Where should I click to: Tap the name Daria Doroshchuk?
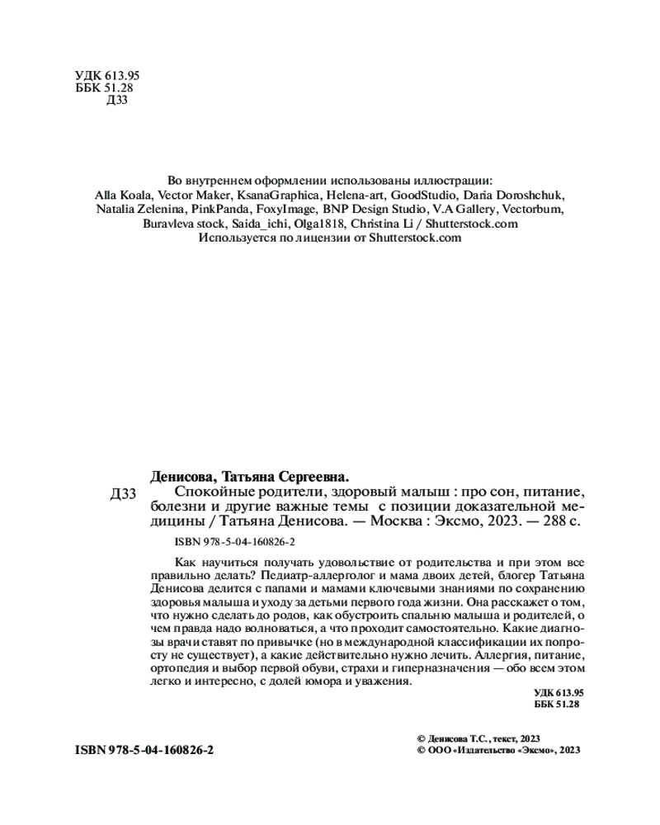click(x=516, y=195)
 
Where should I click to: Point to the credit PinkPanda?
click(x=216, y=210)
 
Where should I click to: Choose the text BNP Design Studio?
click(x=372, y=210)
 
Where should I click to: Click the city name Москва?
click(x=397, y=521)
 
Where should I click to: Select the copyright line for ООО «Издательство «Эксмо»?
click(x=500, y=750)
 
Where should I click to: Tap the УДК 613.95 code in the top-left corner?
click(x=107, y=75)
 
